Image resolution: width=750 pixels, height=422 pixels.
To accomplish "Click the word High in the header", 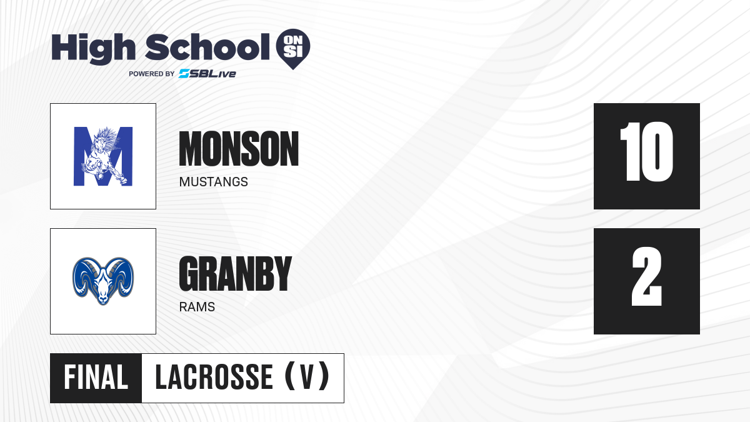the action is pyautogui.click(x=93, y=49).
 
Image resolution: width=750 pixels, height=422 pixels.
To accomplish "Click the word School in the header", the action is pyautogui.click(x=207, y=48).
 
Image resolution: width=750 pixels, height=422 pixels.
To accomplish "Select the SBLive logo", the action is pyautogui.click(x=207, y=74).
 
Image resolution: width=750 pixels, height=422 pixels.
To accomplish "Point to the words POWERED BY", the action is pyautogui.click(x=152, y=74).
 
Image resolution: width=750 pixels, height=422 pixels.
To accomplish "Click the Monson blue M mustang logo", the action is pyautogui.click(x=103, y=156).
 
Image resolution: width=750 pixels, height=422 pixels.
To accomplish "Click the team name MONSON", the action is pyautogui.click(x=239, y=149).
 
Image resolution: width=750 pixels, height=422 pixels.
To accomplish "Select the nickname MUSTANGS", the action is pyautogui.click(x=214, y=182).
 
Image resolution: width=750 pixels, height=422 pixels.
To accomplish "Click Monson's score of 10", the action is pyautogui.click(x=646, y=152).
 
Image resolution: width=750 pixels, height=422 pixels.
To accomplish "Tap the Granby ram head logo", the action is pyautogui.click(x=103, y=281).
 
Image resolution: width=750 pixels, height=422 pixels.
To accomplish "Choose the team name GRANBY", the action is pyautogui.click(x=236, y=274).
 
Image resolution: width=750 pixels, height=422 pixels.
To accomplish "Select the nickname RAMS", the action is pyautogui.click(x=197, y=307).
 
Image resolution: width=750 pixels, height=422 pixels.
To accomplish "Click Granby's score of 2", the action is pyautogui.click(x=647, y=276).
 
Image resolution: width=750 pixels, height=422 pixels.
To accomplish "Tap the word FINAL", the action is pyautogui.click(x=96, y=378).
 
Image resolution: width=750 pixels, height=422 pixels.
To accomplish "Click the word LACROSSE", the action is pyautogui.click(x=214, y=378).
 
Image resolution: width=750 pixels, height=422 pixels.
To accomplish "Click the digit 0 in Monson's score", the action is pyautogui.click(x=658, y=152).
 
